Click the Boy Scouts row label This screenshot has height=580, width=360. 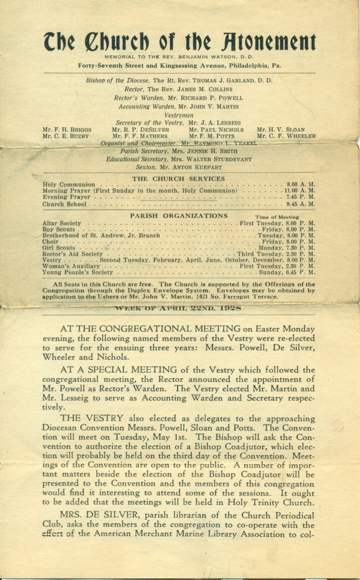pos(56,229)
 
